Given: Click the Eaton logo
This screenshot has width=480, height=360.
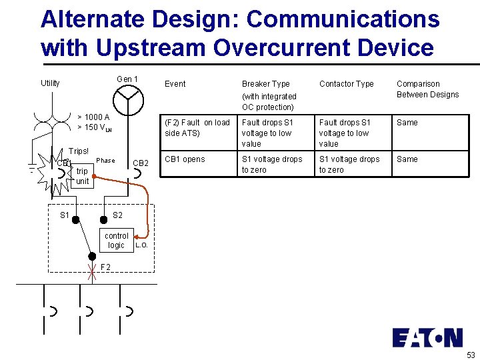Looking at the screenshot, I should coord(427,337).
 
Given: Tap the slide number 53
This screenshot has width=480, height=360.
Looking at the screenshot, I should coord(471,354).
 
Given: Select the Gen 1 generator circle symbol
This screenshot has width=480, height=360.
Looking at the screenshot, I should coord(128,101).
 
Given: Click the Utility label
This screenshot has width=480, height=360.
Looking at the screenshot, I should coord(50,83).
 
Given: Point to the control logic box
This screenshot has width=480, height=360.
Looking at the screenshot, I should coord(117,240).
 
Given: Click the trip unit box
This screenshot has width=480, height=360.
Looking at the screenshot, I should coord(82,176).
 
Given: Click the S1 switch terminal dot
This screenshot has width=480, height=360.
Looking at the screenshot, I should coord(76,219).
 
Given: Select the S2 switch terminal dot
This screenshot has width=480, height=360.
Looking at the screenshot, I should coord(103,219).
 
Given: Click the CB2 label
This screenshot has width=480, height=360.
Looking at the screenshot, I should coord(141,163).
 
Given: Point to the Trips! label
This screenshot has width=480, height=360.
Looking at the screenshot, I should coord(79,151).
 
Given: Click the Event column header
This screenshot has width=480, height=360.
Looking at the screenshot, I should coord(175,84).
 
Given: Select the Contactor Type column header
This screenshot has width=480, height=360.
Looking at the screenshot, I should coord(346,84).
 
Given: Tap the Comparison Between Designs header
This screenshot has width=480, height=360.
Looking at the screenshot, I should coord(427,89).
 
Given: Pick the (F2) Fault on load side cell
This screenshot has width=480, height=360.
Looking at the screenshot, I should coord(197,127).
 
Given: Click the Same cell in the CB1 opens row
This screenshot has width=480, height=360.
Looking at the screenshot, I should coord(407,159).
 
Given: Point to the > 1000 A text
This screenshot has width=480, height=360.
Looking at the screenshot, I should coord(93,117).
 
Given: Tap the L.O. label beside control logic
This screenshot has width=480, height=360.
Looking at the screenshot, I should coord(141,246).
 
